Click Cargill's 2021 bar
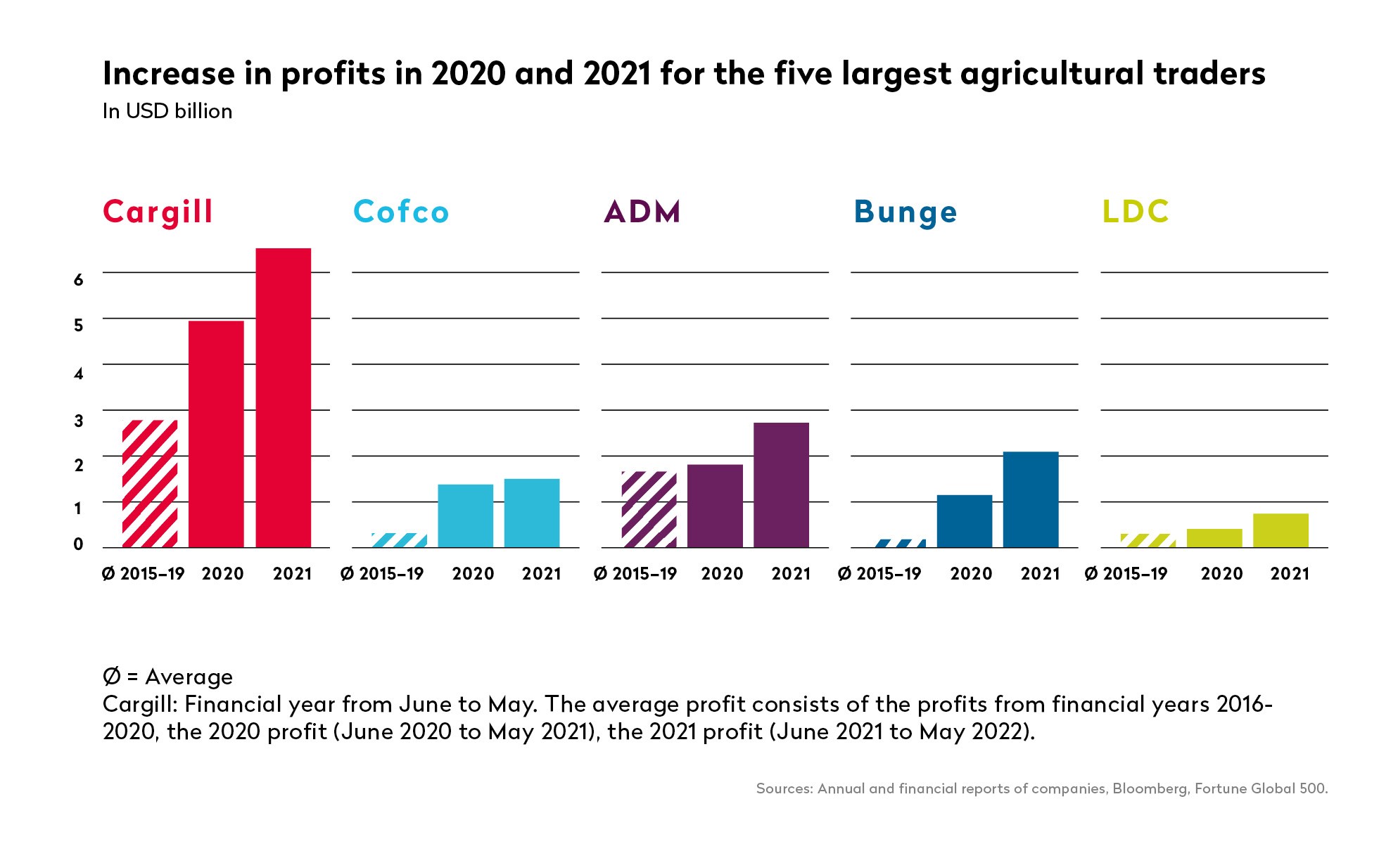(283, 397)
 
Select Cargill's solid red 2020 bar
(216, 434)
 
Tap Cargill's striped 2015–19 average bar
(150, 483)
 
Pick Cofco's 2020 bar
(465, 516)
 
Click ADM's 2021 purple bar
(781, 485)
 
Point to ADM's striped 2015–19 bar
(649, 509)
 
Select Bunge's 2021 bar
(1031, 499)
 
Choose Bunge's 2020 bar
(965, 521)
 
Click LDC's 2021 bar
(1280, 530)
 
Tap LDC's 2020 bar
(1214, 538)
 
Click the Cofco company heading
(401, 212)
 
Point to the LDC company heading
(1136, 212)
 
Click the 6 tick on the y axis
(79, 280)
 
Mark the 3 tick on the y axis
(79, 421)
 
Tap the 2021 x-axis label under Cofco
(541, 574)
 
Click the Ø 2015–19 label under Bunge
(879, 574)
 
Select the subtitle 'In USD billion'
(167, 112)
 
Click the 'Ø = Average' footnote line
(167, 677)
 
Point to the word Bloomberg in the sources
(1150, 788)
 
